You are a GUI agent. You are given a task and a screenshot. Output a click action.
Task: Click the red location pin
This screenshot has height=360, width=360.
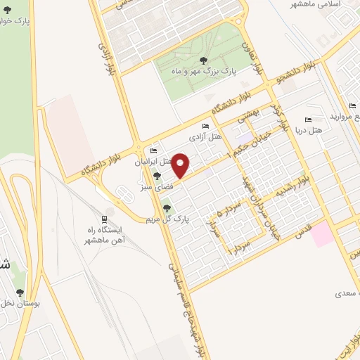[181, 166]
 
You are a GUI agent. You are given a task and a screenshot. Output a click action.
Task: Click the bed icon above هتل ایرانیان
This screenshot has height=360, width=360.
[154, 150]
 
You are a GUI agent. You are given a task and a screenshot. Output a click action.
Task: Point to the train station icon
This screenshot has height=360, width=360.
[105, 218]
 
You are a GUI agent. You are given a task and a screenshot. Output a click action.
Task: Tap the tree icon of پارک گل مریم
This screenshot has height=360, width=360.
[167, 207]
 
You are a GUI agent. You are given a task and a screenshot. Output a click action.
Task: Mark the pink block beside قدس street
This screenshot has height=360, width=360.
[323, 233]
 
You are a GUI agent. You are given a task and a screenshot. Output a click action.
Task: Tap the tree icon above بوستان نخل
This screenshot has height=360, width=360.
[20, 292]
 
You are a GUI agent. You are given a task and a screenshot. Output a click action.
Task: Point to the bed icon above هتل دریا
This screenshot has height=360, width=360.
[307, 119]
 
